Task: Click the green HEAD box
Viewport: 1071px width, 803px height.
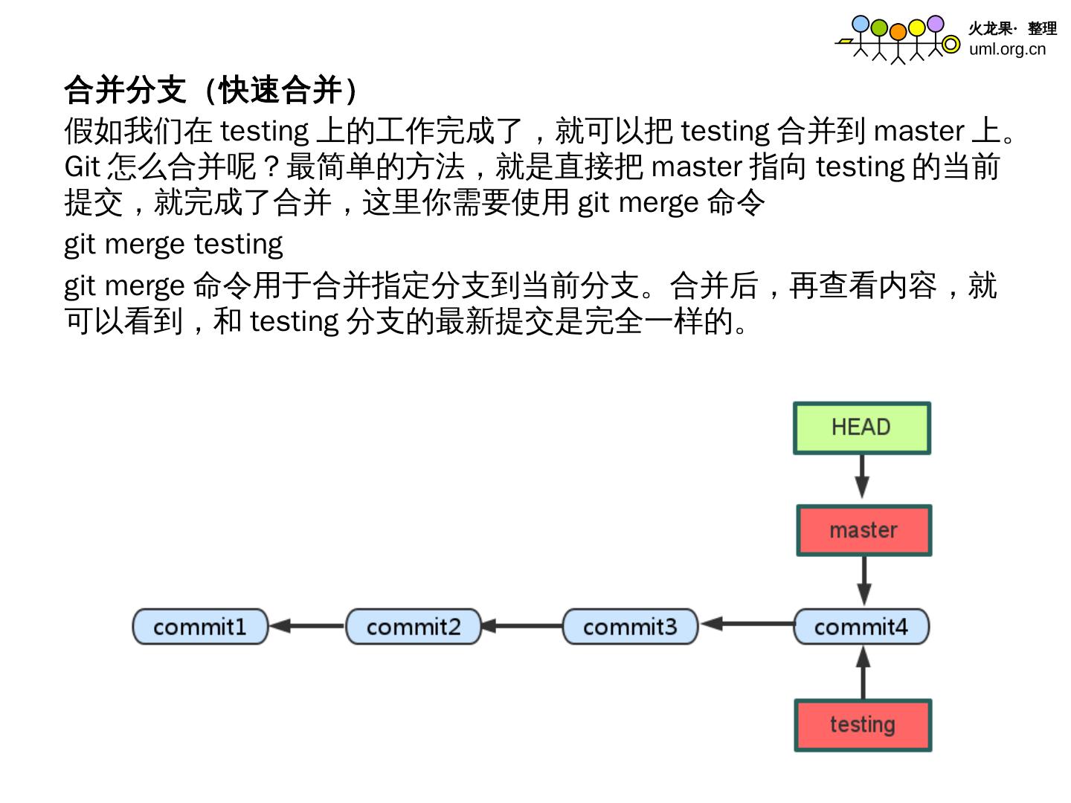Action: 861,428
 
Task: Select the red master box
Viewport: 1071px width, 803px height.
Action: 863,530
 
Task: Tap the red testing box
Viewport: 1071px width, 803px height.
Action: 863,724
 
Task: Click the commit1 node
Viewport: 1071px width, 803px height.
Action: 199,627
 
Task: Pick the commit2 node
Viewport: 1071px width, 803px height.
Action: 414,627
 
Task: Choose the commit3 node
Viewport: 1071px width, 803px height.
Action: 630,627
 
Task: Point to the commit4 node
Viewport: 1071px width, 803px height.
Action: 861,627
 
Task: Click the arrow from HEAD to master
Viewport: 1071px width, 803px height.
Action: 862,477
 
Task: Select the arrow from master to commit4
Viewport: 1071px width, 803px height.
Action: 863,581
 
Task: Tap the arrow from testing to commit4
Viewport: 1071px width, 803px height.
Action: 863,673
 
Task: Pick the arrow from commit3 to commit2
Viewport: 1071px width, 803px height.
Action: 521,626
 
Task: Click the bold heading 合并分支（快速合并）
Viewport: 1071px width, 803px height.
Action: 213,90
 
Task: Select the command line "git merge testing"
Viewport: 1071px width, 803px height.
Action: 173,244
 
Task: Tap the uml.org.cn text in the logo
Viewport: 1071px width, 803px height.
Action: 1007,49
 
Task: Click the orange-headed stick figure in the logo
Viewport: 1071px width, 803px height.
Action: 898,41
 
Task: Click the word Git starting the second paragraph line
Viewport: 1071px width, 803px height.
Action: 82,167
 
